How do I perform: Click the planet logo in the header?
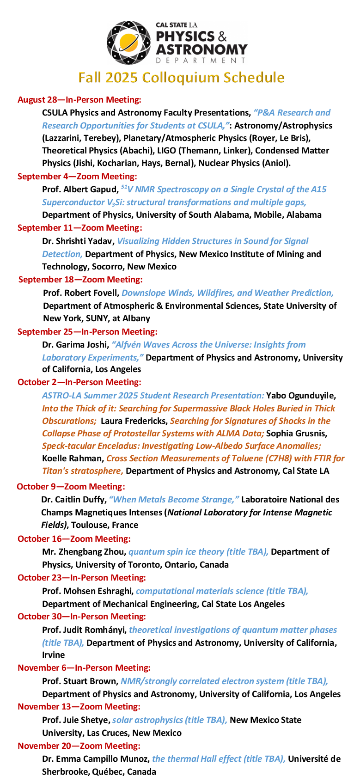[129, 43]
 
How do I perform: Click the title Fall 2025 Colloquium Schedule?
[181, 78]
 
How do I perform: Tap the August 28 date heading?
[79, 100]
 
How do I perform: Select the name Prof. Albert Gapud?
[79, 190]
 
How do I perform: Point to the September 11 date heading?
[79, 228]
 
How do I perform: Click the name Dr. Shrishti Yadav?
[78, 241]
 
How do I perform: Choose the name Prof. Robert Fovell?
[81, 293]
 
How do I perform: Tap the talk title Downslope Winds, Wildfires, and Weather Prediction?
[227, 293]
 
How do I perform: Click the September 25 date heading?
[87, 332]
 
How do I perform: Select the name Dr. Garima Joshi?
[75, 345]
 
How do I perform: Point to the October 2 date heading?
[79, 382]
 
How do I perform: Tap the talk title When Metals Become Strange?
[174, 500]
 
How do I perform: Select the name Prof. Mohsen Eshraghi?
[87, 591]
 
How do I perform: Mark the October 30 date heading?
[81, 617]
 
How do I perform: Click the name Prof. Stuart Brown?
[79, 681]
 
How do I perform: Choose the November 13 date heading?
[79, 707]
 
